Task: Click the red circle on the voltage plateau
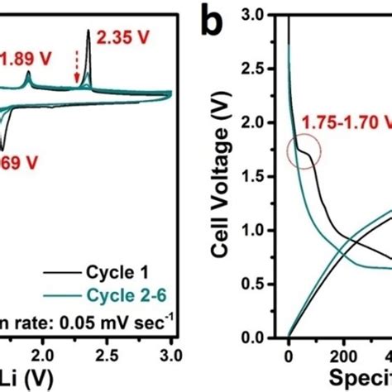coord(304,153)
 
